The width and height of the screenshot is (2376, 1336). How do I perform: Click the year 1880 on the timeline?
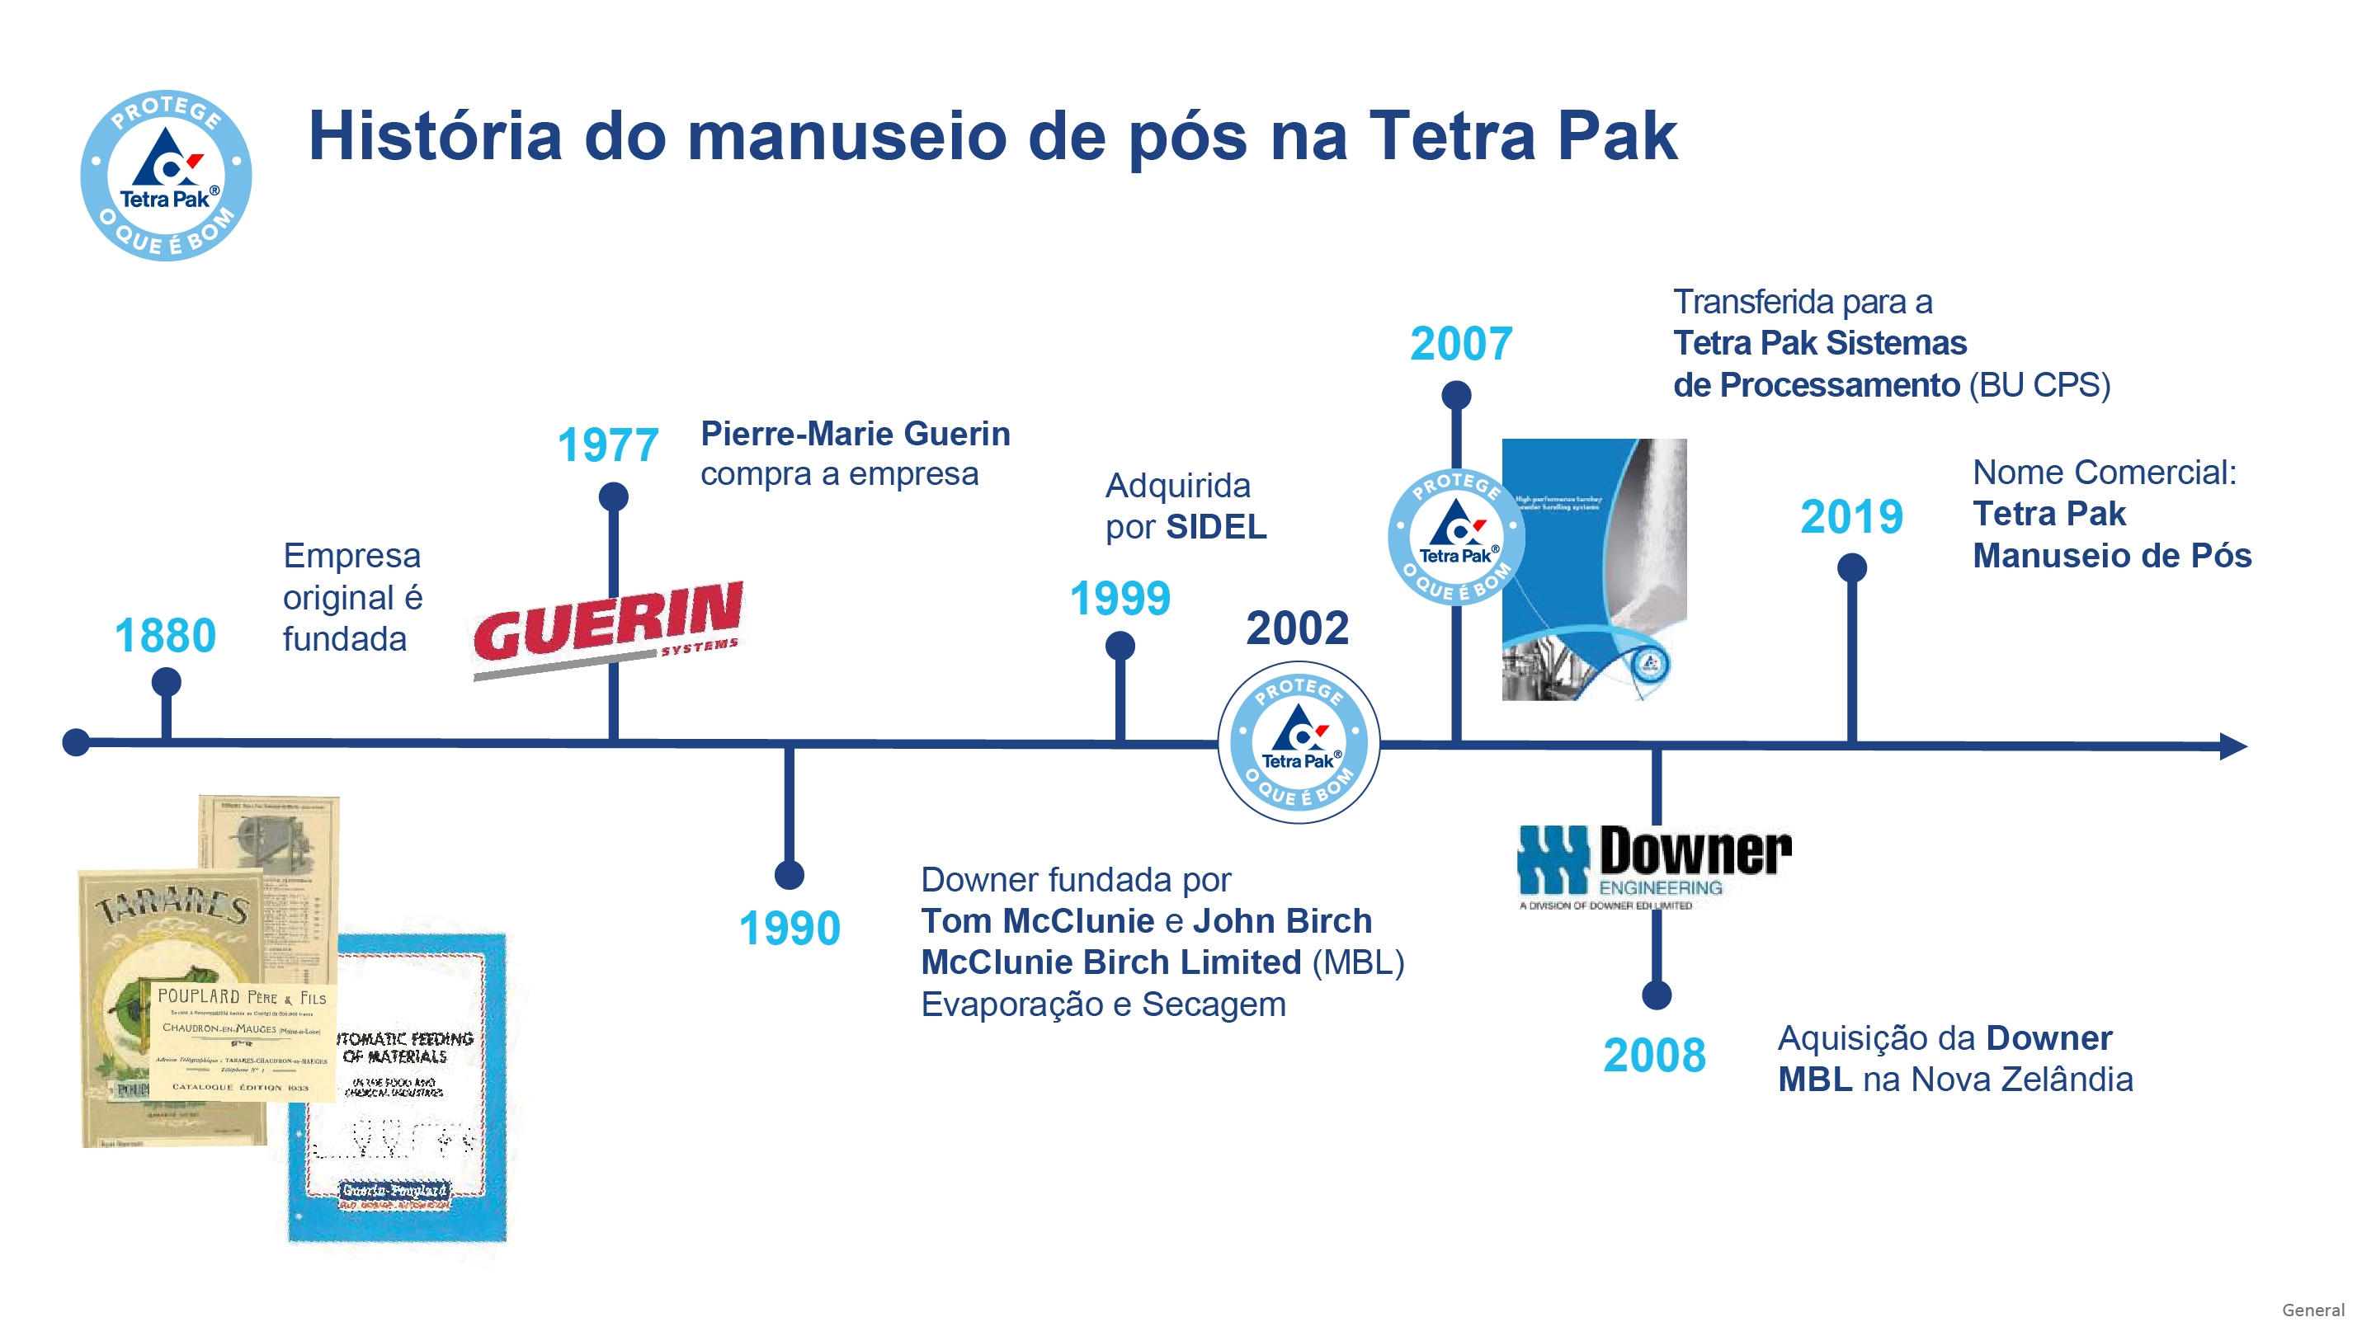pyautogui.click(x=165, y=635)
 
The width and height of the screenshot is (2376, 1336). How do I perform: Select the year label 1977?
pyautogui.click(x=608, y=445)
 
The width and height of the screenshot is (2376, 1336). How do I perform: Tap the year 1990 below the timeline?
pyautogui.click(x=790, y=928)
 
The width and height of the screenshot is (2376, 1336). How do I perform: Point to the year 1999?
pyautogui.click(x=1120, y=599)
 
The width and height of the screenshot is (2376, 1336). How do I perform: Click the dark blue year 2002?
pyautogui.click(x=1297, y=628)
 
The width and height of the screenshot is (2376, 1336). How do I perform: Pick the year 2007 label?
pyautogui.click(x=1461, y=344)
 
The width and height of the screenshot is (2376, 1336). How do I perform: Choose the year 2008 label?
pyautogui.click(x=1654, y=1055)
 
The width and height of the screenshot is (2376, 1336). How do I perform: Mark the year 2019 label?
pyautogui.click(x=1851, y=516)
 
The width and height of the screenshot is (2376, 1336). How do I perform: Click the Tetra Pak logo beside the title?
pyautogui.click(x=166, y=175)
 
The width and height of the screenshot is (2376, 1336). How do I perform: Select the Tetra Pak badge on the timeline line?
pyautogui.click(x=1299, y=742)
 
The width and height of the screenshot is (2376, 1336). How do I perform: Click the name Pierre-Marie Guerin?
pyautogui.click(x=855, y=433)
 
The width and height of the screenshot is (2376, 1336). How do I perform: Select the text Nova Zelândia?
pyautogui.click(x=2021, y=1079)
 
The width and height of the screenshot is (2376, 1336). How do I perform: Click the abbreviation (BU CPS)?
pyautogui.click(x=2039, y=384)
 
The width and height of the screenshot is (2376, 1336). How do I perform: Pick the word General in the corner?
pyautogui.click(x=2312, y=1310)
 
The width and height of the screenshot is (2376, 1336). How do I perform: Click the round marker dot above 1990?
pyautogui.click(x=789, y=875)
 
